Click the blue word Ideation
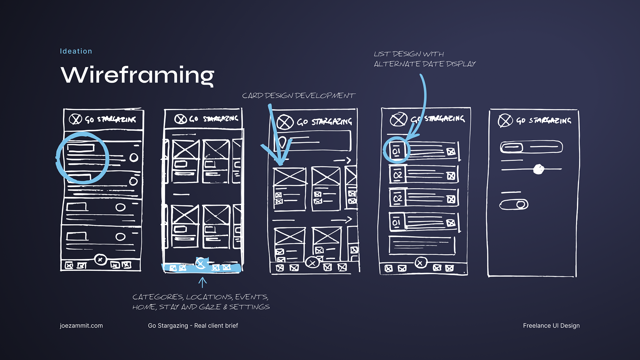(76, 51)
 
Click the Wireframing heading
(137, 75)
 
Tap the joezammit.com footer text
(81, 326)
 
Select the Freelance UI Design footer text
(551, 326)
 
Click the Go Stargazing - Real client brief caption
(193, 326)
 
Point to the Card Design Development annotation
(298, 96)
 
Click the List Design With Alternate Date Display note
(424, 59)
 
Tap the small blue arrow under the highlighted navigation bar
(202, 282)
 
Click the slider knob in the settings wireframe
(538, 169)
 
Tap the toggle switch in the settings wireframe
(514, 204)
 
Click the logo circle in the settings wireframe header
(505, 120)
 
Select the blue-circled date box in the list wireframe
(396, 151)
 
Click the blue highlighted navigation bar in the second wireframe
(201, 268)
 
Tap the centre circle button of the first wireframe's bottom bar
(100, 259)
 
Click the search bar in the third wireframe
(313, 141)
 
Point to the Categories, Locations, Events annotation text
(201, 302)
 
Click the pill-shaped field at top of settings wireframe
(531, 147)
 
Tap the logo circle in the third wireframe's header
(285, 122)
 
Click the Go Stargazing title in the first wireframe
(110, 119)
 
